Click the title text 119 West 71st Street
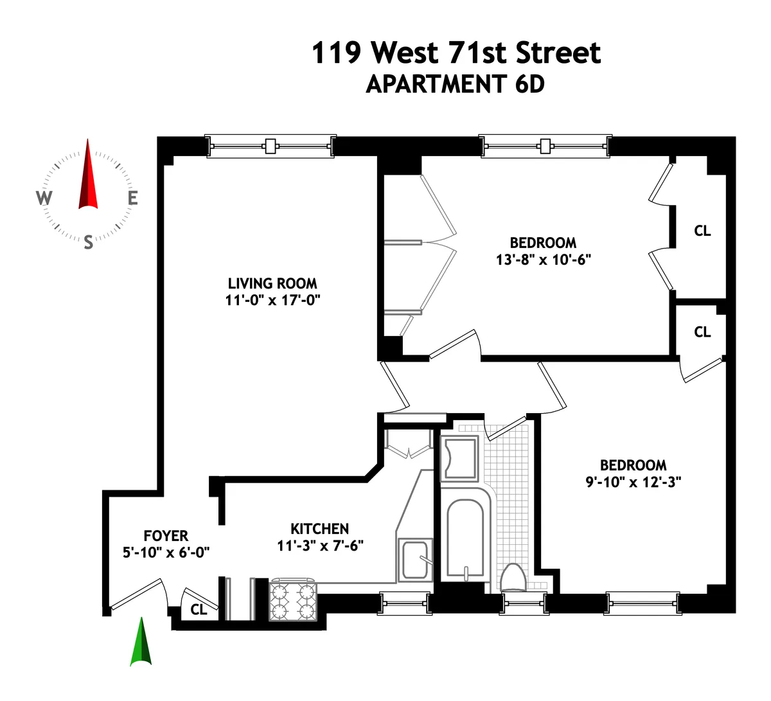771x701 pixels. coord(456,53)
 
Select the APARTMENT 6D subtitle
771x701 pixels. coord(455,84)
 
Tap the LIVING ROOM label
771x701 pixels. coord(272,283)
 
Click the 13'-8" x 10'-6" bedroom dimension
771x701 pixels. coord(543,260)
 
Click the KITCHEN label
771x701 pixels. coord(319,529)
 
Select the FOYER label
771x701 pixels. coord(166,536)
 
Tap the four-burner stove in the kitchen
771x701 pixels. coord(294,601)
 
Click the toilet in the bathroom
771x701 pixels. coord(513,577)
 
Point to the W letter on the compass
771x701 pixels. coord(44,198)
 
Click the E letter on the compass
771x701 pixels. coord(132,199)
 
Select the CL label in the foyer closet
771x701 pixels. coord(199,609)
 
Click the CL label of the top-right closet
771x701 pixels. coord(702,231)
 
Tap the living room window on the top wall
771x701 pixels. coord(270,146)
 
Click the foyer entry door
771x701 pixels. coord(137,594)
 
